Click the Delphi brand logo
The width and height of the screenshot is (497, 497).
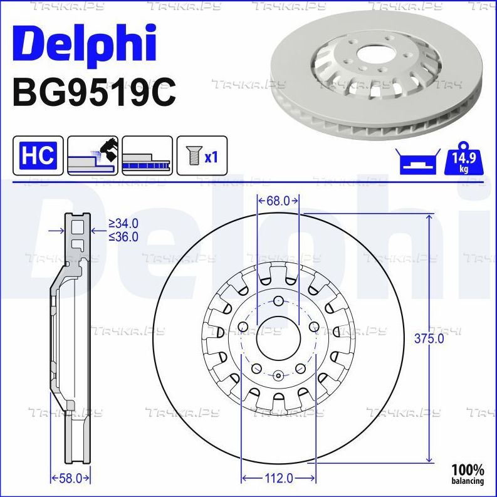(85, 44)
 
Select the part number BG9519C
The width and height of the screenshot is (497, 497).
(94, 93)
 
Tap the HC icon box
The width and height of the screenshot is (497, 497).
(38, 155)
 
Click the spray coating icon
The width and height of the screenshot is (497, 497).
(93, 155)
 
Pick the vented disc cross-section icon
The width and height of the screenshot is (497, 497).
(147, 155)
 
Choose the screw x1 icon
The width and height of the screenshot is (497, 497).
(202, 155)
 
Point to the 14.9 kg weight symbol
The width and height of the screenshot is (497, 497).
(464, 159)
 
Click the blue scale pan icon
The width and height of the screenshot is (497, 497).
(418, 162)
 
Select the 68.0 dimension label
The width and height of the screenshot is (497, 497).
(278, 201)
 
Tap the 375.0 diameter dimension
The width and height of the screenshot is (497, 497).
(429, 338)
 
